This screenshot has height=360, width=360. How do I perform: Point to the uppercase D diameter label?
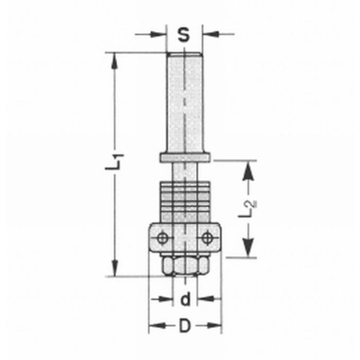[185, 326]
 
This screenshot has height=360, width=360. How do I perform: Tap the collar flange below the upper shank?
[185, 157]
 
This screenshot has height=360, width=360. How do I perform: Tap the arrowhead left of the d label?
[165, 299]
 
